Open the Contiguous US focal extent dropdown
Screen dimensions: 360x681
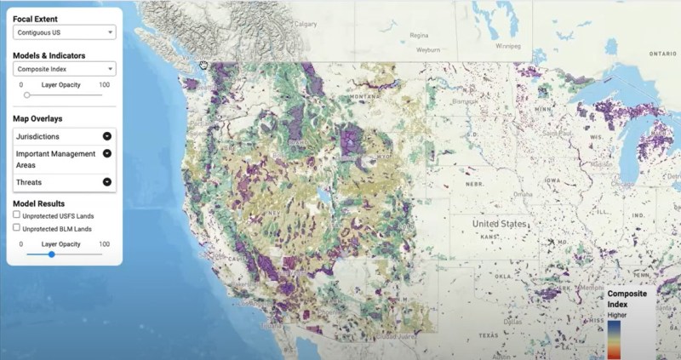(64, 33)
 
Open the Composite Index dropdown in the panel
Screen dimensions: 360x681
(64, 70)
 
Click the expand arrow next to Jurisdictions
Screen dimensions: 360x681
(107, 136)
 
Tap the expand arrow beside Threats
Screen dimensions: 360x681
(107, 181)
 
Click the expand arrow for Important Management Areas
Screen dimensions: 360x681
(107, 154)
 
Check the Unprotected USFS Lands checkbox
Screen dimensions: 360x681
(17, 216)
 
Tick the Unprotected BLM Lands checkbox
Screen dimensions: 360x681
(17, 228)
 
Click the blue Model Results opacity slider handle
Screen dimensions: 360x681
(52, 254)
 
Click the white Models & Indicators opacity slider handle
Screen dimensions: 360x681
(26, 94)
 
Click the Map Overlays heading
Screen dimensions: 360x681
(37, 118)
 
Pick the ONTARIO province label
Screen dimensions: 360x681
(662, 53)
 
